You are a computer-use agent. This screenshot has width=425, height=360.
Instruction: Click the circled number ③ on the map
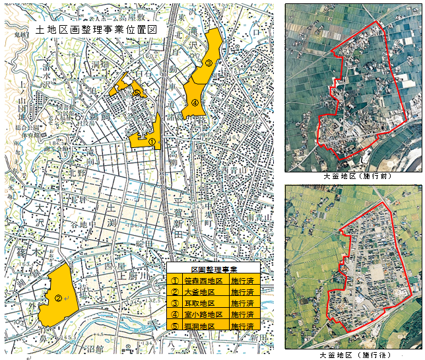209,63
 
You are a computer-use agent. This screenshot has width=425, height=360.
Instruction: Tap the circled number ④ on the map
195,102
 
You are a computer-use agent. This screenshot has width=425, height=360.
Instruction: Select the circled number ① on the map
151,141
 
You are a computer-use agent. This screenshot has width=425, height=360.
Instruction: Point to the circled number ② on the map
58,299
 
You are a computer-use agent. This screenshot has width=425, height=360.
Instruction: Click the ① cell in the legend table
174,281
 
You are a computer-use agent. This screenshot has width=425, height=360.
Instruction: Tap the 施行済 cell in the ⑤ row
243,326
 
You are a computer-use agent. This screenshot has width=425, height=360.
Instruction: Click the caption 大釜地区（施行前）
354,177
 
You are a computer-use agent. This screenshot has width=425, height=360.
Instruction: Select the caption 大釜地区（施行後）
354,355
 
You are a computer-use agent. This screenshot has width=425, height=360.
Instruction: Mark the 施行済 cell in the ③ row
243,303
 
